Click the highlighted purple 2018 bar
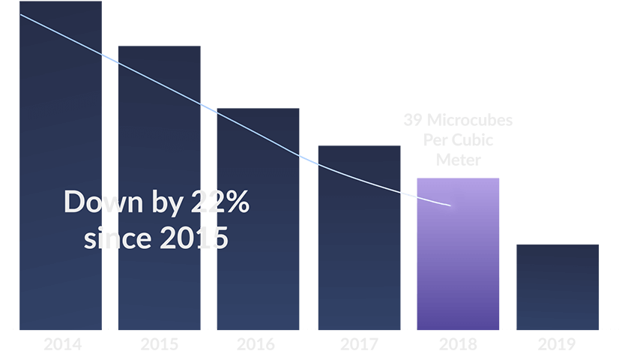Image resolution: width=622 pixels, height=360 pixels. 458,262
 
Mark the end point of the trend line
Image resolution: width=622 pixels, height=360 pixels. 450,205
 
